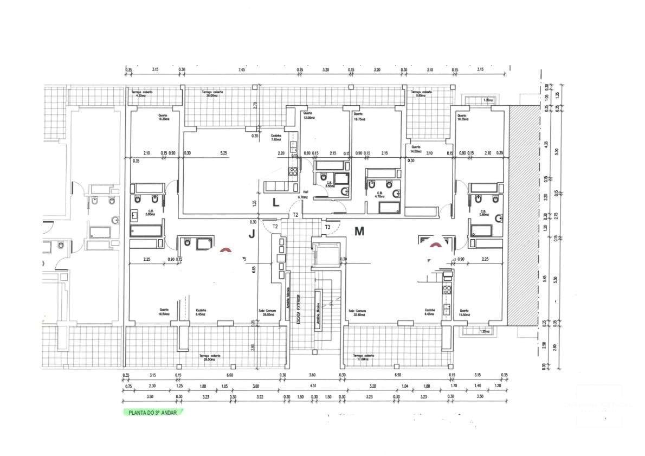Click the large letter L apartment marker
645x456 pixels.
[275, 203]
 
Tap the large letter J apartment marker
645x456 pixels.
[251, 234]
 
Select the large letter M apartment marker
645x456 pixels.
[359, 232]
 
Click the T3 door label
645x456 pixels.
[327, 226]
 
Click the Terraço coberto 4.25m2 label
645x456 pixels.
[142, 94]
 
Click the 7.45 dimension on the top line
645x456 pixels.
[241, 70]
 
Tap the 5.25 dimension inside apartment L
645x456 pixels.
[223, 153]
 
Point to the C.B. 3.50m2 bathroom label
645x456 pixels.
[328, 184]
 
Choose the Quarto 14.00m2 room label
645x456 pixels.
[416, 149]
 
